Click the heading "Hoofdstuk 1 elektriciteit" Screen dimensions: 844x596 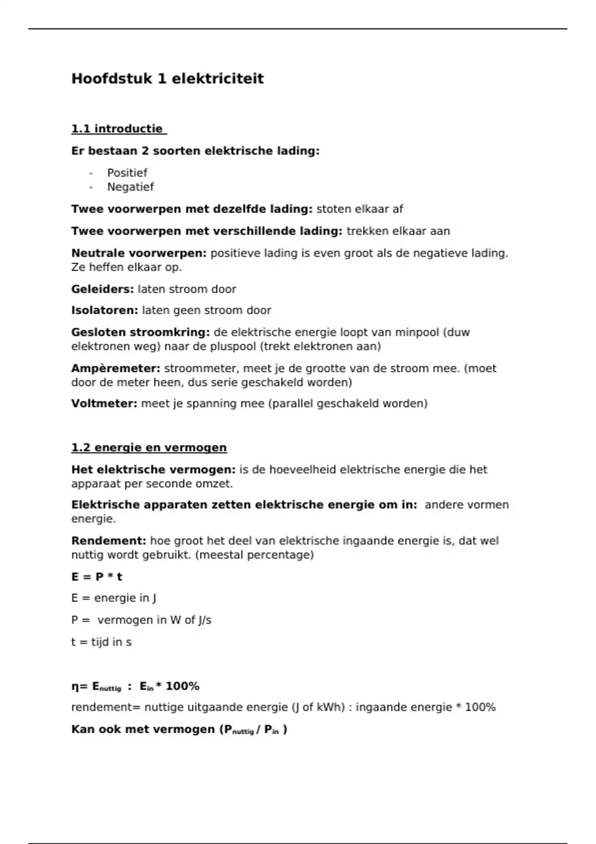[167, 78]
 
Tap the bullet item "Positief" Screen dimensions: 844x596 [127, 173]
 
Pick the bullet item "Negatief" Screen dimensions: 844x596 [131, 187]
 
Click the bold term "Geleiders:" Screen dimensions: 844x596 [102, 289]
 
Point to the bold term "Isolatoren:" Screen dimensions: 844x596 [104, 310]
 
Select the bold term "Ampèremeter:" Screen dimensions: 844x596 [116, 368]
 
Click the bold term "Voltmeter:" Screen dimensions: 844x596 [104, 403]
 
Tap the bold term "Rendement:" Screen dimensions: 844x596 [109, 541]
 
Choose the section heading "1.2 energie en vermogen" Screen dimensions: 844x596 [149, 448]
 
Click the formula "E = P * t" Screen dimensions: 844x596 [97, 577]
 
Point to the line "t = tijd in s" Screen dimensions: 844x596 [101, 642]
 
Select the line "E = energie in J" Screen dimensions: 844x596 [114, 598]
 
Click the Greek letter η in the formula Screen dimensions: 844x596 [75, 687]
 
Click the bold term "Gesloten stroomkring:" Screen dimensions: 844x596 [141, 332]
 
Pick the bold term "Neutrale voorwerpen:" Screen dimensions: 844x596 [139, 253]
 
